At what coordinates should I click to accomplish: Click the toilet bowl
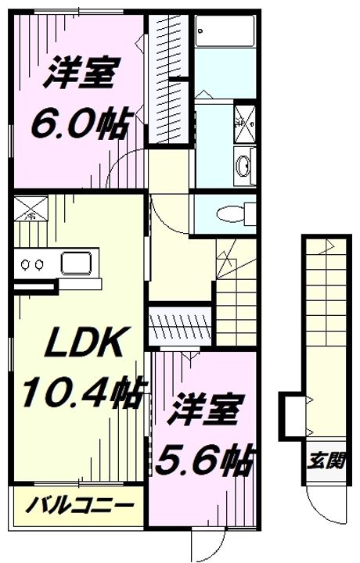pyautogui.click(x=229, y=214)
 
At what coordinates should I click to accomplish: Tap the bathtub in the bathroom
pyautogui.click(x=225, y=30)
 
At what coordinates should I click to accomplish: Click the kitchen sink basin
pyautogui.click(x=76, y=264)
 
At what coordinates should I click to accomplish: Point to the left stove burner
pyautogui.click(x=26, y=264)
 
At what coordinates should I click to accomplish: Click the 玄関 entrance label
pyautogui.click(x=326, y=461)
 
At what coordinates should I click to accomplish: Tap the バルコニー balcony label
pyautogui.click(x=79, y=506)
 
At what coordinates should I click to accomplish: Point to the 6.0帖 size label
pyautogui.click(x=80, y=124)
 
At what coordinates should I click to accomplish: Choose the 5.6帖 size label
pyautogui.click(x=203, y=461)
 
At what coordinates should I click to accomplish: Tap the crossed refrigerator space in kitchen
pyautogui.click(x=31, y=208)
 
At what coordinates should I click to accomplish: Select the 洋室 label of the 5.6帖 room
pyautogui.click(x=203, y=409)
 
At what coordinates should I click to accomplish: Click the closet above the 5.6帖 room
pyautogui.click(x=180, y=326)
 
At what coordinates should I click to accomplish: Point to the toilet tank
pyautogui.click(x=250, y=214)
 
